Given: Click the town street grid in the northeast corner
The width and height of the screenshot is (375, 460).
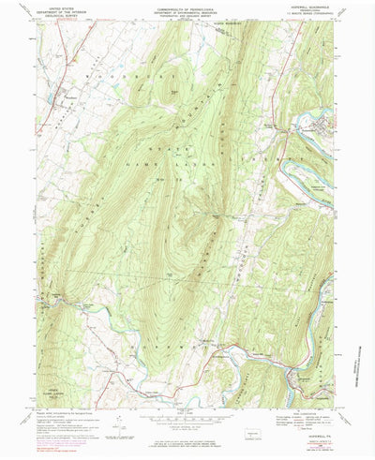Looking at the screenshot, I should click(x=322, y=123).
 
